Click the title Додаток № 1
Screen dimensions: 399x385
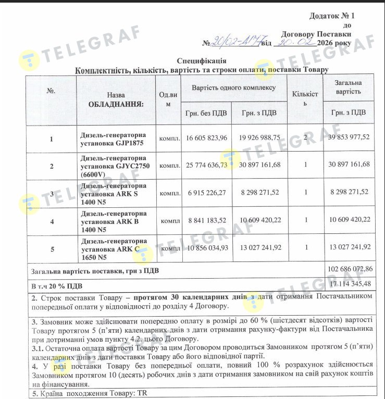pyautogui.click(x=331, y=17)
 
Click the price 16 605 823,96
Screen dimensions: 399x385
pyautogui.click(x=206, y=138)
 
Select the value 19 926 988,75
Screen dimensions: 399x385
pyautogui.click(x=260, y=138)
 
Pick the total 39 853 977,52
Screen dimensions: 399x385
pyautogui.click(x=349, y=138)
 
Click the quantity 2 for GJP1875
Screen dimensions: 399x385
pyautogui.click(x=305, y=138)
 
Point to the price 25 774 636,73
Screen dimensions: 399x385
pyautogui.click(x=206, y=165)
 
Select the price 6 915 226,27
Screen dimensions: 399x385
pyautogui.click(x=207, y=192)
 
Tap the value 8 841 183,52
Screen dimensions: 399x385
pyautogui.click(x=207, y=220)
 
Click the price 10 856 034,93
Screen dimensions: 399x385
pyautogui.click(x=207, y=248)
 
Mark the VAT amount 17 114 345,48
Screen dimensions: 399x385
pyautogui.click(x=351, y=284)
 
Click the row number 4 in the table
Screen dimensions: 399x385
pyautogui.click(x=51, y=221)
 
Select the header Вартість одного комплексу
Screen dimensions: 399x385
pyautogui.click(x=233, y=88)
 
